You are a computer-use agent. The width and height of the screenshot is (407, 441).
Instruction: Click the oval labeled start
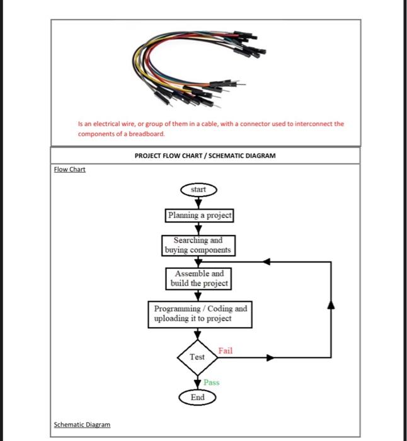coord(199,189)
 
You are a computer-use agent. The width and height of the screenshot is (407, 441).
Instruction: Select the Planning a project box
coord(199,215)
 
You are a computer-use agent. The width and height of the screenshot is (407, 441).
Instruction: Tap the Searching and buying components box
coord(198,245)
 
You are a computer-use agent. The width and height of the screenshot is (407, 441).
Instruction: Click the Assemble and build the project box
coord(199,278)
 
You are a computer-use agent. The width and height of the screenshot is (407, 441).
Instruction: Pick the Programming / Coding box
coord(201,314)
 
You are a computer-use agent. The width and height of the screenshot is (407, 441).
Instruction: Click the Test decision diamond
coord(198,357)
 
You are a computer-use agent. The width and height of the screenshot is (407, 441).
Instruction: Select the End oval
coord(198,398)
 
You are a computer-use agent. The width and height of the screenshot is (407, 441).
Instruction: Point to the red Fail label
coord(225,350)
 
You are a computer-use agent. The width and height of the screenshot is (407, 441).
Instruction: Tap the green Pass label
coord(211,382)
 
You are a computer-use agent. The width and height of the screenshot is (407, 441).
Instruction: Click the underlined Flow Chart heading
coord(69,169)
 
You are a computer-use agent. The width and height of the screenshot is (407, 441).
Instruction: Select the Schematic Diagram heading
coord(82,425)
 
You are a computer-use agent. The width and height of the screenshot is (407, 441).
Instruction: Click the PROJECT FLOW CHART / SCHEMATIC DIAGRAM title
coord(205,155)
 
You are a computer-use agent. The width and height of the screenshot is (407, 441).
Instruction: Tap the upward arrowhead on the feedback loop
coord(331,306)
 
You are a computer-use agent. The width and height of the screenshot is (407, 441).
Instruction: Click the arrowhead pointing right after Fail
coord(270,357)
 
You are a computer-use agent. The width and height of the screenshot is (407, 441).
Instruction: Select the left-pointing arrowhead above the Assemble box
coord(267,261)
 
